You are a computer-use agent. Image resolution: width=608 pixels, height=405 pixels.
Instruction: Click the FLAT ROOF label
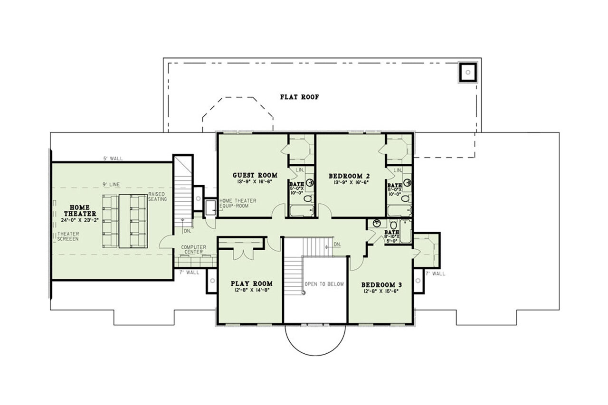299,97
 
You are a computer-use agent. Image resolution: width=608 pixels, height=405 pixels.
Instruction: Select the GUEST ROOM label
255,175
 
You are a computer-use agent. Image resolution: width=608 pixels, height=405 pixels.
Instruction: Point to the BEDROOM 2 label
349,176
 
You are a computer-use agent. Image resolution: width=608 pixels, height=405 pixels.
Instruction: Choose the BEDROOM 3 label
381,285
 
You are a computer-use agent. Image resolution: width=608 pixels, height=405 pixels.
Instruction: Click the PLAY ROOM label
252,283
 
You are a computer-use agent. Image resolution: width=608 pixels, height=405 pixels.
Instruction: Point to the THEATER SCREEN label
68,236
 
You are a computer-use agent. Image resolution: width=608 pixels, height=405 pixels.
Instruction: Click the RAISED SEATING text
158,197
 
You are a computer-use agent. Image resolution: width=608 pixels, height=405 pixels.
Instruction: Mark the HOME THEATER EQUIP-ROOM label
237,203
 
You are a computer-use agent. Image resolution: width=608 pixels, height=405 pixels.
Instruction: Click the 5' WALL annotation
112,159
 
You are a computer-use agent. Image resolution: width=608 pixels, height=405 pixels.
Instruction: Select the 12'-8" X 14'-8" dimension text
252,290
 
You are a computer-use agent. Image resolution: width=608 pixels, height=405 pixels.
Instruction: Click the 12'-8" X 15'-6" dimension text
381,292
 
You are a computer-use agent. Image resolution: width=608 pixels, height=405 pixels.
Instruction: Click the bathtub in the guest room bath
302,210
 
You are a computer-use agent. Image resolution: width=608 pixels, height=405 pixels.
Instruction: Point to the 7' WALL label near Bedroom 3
435,273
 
